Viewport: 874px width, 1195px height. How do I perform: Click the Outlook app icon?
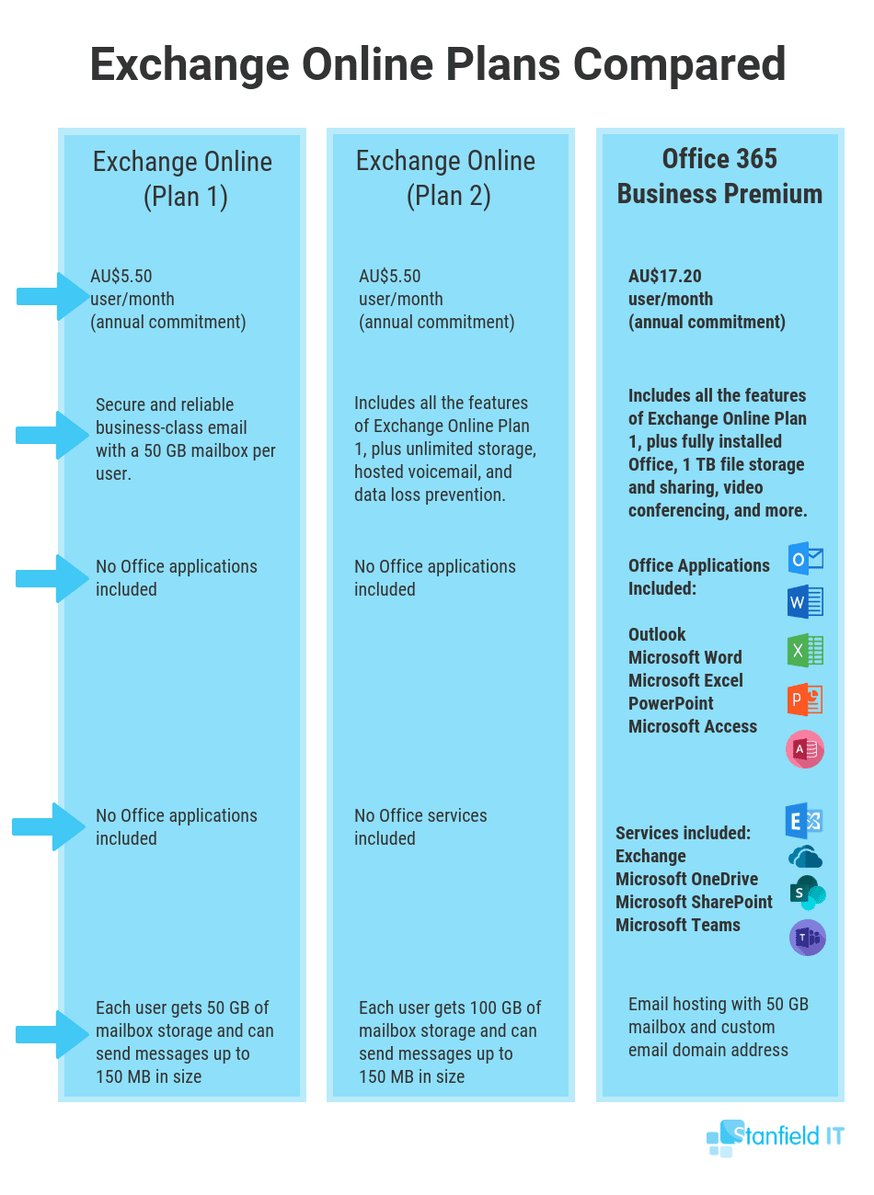click(805, 558)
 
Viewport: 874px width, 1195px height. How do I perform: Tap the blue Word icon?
click(805, 602)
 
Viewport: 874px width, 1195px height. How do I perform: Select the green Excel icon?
click(805, 650)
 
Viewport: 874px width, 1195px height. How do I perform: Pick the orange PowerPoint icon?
click(805, 699)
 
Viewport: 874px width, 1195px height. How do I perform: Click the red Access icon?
click(805, 749)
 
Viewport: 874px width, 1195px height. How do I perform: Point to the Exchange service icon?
click(804, 821)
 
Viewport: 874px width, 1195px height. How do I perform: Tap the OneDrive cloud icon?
click(805, 857)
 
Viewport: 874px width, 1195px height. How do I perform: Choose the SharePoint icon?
click(807, 893)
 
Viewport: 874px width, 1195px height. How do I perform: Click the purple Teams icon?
click(807, 938)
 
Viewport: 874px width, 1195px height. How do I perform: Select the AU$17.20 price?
click(665, 276)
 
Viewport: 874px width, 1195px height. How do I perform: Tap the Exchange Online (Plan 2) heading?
click(446, 178)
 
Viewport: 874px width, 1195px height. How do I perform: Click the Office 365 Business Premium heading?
click(719, 176)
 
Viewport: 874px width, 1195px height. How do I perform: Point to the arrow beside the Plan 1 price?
click(53, 296)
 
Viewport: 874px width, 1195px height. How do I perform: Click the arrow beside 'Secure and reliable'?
click(52, 435)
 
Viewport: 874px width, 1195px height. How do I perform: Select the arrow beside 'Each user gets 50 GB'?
click(52, 1034)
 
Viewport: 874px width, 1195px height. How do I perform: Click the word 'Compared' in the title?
click(679, 64)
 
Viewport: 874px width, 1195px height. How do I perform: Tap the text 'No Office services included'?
click(420, 826)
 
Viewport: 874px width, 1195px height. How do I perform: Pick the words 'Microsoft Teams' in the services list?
click(678, 925)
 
